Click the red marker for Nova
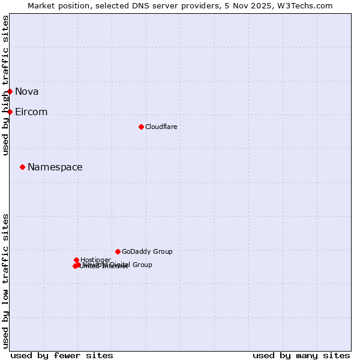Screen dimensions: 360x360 (x=10, y=91)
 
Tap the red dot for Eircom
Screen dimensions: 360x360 (x=10, y=112)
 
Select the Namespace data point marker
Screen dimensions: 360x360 (x=23, y=167)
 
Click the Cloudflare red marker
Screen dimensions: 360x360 (x=141, y=127)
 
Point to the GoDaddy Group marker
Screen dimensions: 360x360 (x=118, y=251)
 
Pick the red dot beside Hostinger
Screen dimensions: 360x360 (x=76, y=260)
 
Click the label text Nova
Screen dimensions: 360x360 (x=27, y=91)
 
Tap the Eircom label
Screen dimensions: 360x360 (x=31, y=112)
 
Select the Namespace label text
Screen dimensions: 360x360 (x=55, y=167)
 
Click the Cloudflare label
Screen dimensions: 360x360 (x=161, y=127)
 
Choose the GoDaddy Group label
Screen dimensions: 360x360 (x=147, y=251)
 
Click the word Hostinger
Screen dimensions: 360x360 (x=95, y=260)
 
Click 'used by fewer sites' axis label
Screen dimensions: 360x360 (x=62, y=355)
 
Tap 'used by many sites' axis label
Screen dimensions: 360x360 (x=301, y=355)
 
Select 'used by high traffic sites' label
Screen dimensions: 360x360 (x=6, y=85)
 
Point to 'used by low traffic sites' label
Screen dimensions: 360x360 (x=6, y=281)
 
